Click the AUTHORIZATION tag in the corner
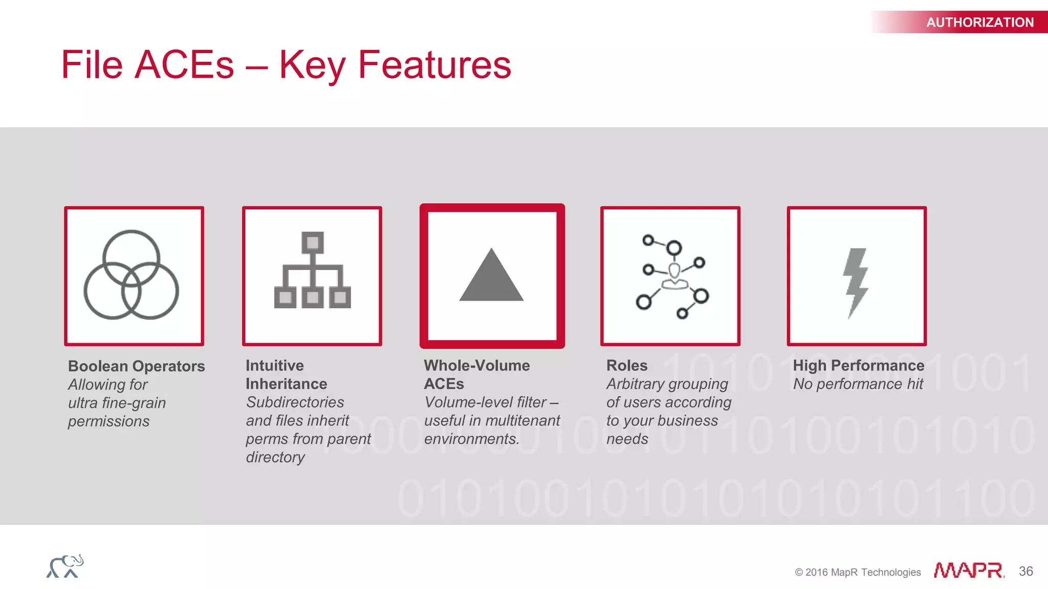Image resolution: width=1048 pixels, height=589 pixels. tap(979, 22)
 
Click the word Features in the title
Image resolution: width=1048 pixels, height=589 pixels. tap(434, 65)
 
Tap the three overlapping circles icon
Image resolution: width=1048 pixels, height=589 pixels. tap(132, 275)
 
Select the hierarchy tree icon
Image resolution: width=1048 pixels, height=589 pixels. tap(312, 271)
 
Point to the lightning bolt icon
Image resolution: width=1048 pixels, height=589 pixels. tap(856, 282)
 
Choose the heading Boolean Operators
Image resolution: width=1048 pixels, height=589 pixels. tap(136, 366)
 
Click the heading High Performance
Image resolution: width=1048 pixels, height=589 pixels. tap(858, 366)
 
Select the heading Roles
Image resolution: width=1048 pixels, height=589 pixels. tap(626, 366)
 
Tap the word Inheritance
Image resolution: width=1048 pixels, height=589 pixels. tap(286, 384)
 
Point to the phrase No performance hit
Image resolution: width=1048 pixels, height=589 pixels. tap(858, 384)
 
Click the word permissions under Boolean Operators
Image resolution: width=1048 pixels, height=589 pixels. tap(108, 421)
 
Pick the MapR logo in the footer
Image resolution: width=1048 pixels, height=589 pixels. tap(968, 570)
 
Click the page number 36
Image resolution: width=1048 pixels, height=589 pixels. tap(1025, 571)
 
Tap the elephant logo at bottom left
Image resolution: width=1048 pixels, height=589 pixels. tap(65, 566)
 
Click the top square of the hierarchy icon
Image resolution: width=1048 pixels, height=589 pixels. tap(313, 242)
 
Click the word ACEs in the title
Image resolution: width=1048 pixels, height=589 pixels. tap(184, 65)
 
